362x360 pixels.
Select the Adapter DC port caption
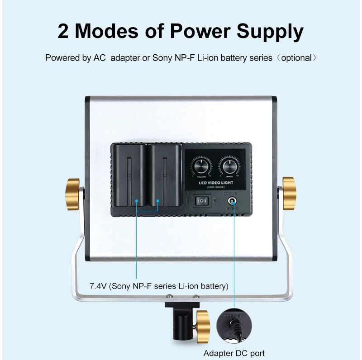click(x=234, y=353)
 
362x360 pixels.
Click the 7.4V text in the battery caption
click(x=98, y=286)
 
